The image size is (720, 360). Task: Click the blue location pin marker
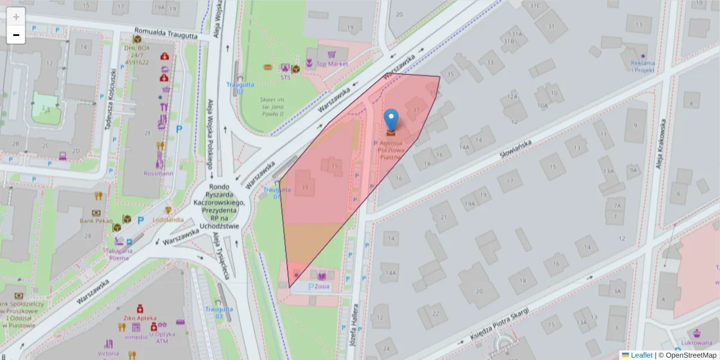click(391, 120)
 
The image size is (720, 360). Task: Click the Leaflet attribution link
click(641, 355)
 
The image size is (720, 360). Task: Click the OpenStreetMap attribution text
click(687, 355)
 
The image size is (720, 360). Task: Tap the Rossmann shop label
click(158, 173)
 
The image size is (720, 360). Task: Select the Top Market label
click(332, 64)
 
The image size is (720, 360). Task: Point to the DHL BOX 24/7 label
click(137, 54)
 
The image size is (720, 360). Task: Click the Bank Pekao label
click(95, 221)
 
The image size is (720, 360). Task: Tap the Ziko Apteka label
click(139, 318)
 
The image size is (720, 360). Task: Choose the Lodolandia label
click(169, 220)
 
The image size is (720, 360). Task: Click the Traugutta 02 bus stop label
click(236, 88)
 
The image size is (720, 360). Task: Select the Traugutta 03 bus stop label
click(214, 312)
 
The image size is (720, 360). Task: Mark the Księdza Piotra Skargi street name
click(499, 323)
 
